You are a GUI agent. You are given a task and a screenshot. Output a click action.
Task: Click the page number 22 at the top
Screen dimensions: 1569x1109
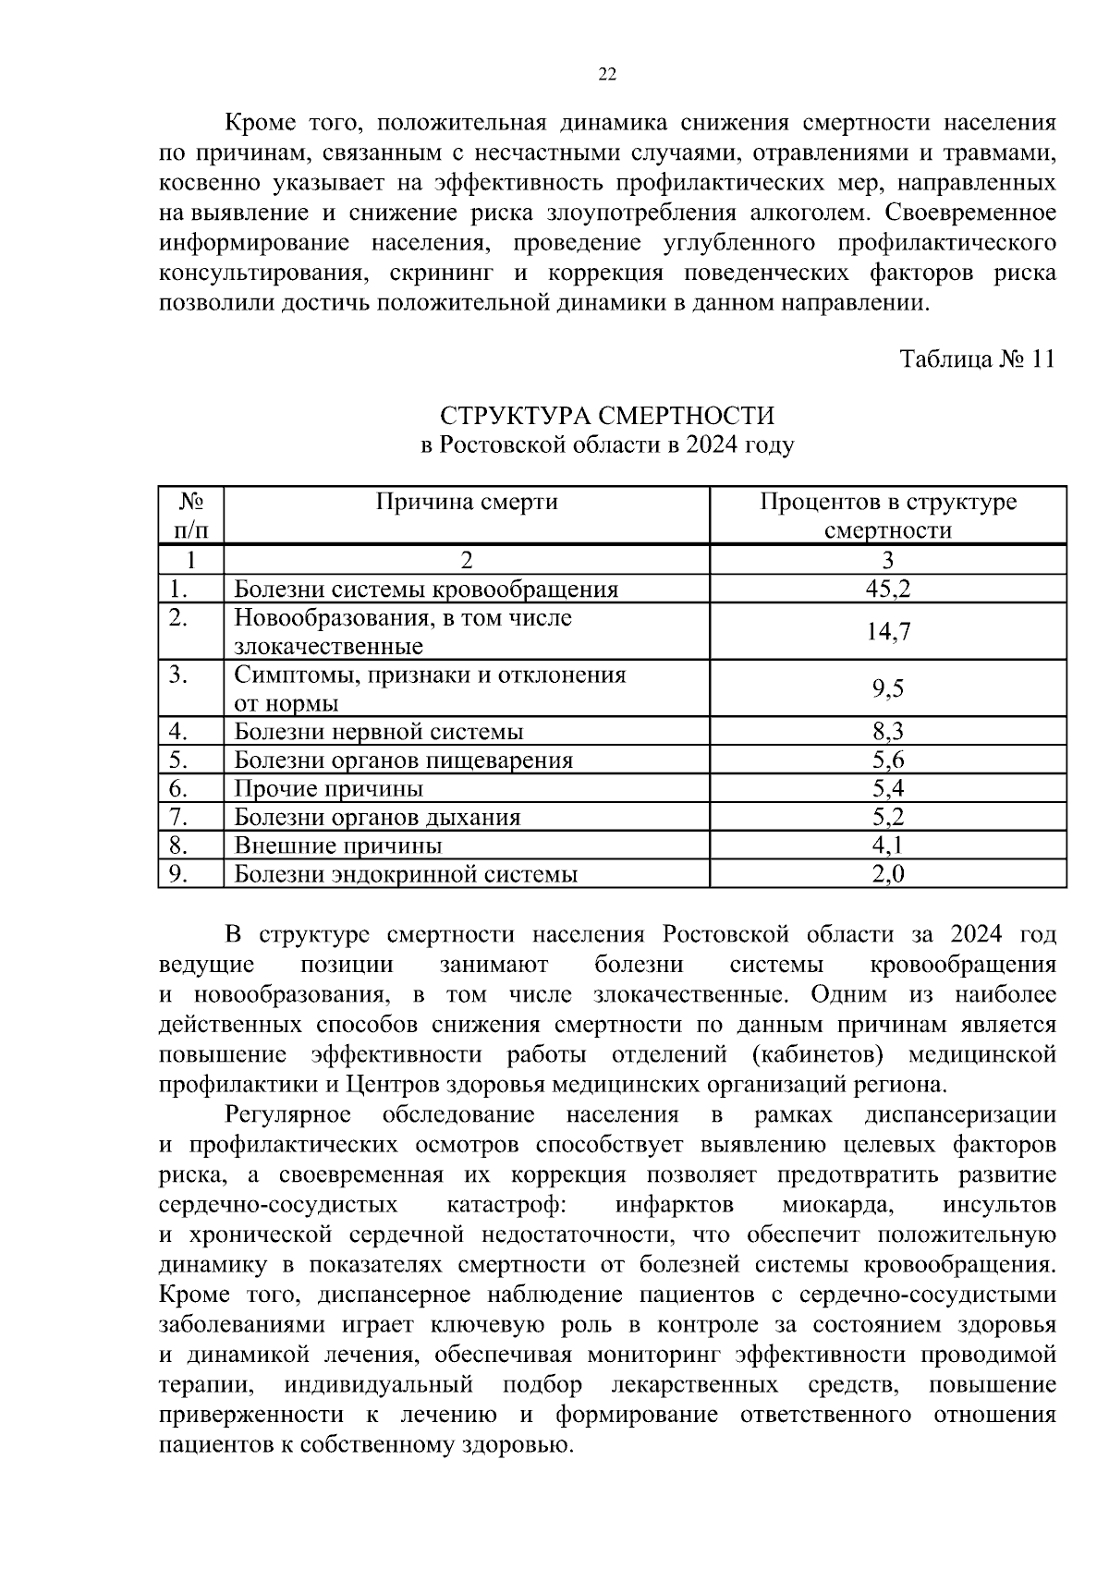[607, 75]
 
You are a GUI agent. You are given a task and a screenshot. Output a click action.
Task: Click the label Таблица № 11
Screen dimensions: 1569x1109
[977, 359]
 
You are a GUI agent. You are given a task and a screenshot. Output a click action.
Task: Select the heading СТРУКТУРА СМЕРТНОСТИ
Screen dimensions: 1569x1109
[607, 416]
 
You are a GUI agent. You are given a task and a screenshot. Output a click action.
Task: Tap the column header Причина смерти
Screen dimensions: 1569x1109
[467, 502]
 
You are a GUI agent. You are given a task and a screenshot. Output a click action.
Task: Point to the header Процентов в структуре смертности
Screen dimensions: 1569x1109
[887, 516]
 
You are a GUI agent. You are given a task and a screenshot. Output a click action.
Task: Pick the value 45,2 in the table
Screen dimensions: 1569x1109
[887, 589]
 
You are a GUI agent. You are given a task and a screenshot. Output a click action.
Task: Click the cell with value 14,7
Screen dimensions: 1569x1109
[887, 632]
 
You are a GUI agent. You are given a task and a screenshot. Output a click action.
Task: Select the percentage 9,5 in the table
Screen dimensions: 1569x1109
[887, 688]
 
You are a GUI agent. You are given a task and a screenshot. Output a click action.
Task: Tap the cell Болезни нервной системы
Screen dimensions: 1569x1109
[379, 732]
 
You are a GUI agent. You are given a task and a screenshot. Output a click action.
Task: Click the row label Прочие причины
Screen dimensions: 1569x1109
[328, 788]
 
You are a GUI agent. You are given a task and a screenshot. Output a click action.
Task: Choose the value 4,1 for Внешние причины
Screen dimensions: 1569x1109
[887, 845]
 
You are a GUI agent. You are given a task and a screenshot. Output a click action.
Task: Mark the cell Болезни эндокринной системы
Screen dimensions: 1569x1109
[406, 873]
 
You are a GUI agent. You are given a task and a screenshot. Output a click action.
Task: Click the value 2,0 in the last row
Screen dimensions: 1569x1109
[887, 873]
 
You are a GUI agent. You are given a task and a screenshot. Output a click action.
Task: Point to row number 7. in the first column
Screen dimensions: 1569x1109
[179, 817]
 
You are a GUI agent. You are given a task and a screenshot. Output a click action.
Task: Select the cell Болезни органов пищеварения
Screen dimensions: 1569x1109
[403, 760]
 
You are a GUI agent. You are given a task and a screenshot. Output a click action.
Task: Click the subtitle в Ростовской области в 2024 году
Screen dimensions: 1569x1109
[607, 445]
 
